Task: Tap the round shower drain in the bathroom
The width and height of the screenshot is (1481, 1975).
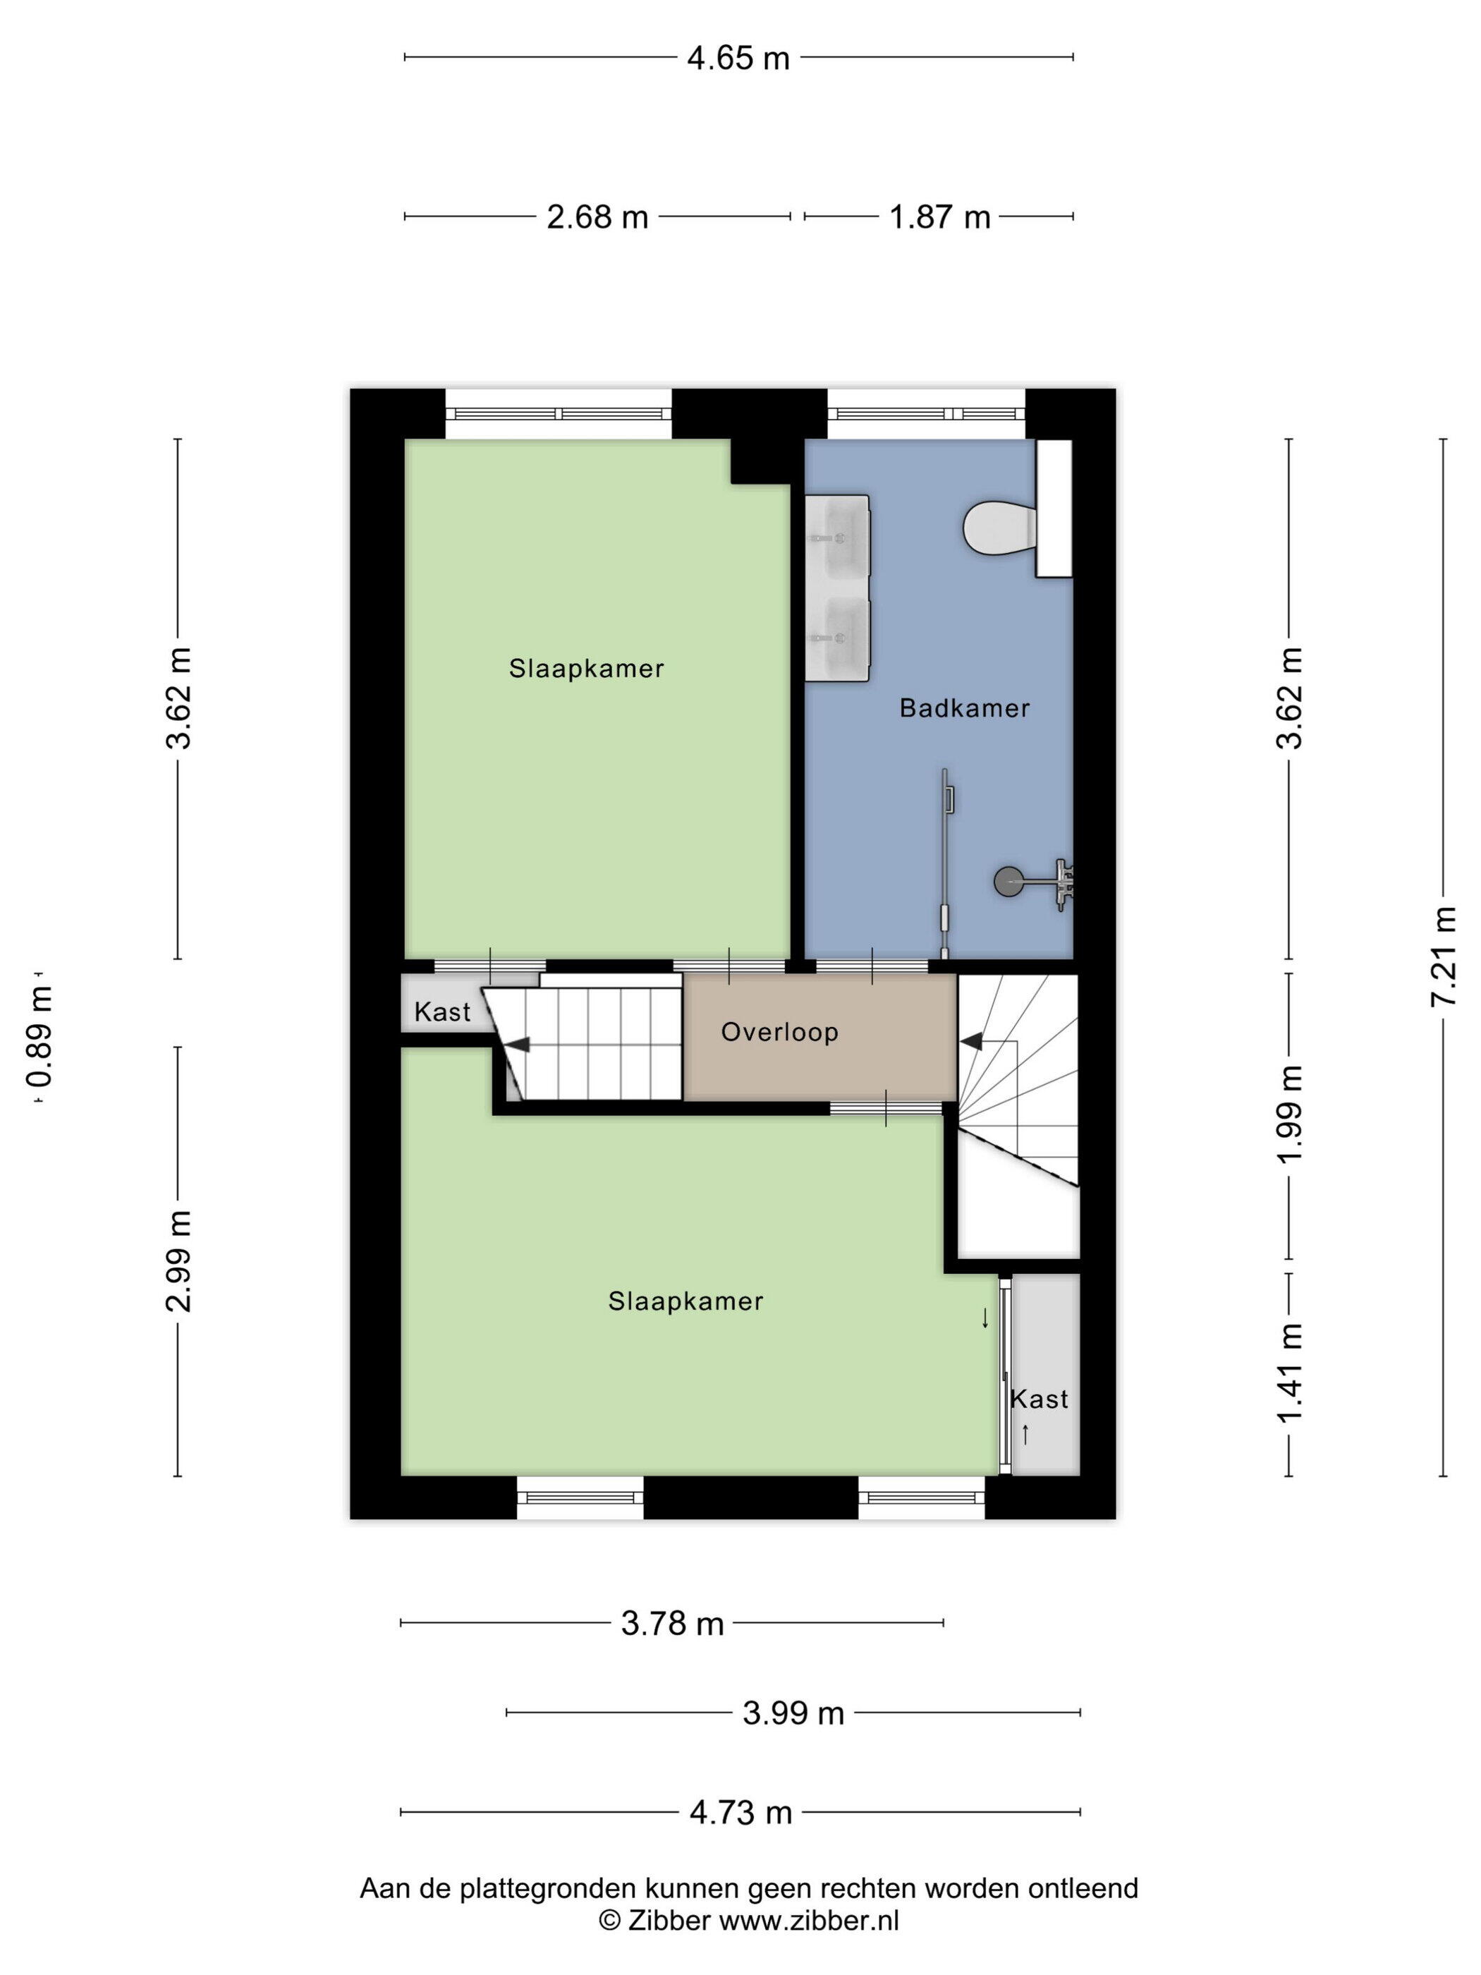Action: (x=1008, y=881)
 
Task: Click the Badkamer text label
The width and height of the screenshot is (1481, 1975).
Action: (x=964, y=708)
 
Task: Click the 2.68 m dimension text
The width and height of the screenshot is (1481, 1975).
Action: (x=597, y=217)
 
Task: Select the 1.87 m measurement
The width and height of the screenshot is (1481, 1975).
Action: (x=940, y=217)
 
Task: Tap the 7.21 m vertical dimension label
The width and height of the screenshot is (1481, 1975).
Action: (x=1444, y=956)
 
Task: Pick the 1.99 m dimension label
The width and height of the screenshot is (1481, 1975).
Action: (x=1290, y=1113)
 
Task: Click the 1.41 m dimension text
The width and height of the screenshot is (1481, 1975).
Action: (x=1290, y=1373)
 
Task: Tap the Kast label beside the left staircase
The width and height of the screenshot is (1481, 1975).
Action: (x=442, y=1011)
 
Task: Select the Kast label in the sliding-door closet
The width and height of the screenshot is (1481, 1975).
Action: (x=1039, y=1399)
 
